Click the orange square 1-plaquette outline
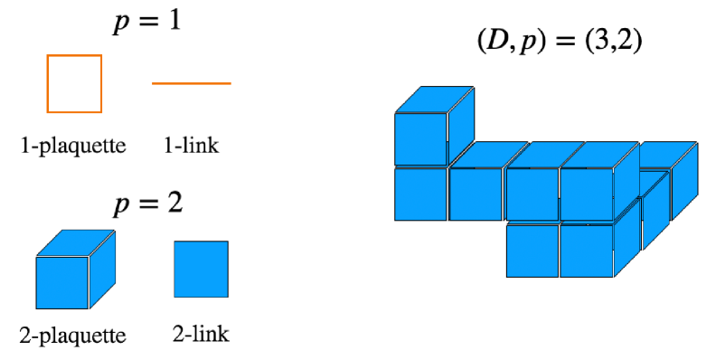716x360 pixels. click(x=74, y=83)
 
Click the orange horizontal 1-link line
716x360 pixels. click(x=191, y=83)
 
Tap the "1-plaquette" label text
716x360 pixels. click(x=72, y=145)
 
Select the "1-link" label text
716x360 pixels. click(x=192, y=145)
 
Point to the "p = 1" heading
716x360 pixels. click(x=147, y=22)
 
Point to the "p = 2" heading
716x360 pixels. click(x=147, y=203)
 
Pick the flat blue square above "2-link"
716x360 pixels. click(x=201, y=269)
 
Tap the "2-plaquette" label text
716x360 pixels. click(x=72, y=336)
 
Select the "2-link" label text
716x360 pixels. click(x=201, y=335)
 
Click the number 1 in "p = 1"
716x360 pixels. click(x=174, y=22)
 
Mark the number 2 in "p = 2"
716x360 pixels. click(x=174, y=203)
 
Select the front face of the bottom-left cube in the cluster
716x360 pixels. click(x=532, y=251)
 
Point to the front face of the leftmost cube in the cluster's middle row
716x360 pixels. click(x=420, y=194)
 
